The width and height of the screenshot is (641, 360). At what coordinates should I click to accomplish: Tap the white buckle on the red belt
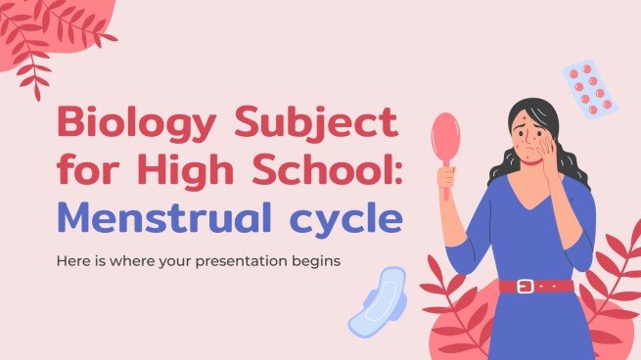coord(526,286)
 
